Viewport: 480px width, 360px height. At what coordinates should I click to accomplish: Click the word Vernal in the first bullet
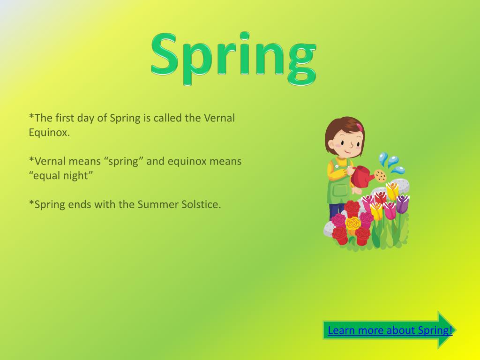[x=219, y=118]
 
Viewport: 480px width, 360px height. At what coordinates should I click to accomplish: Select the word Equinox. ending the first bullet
[x=49, y=132]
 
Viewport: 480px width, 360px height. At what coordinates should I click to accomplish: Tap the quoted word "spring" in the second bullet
[x=126, y=161]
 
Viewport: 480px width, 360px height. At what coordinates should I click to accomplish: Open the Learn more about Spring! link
[x=390, y=330]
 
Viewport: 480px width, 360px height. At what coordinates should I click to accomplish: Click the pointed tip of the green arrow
[x=452, y=330]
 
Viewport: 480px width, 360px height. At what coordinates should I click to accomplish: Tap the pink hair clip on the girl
[x=360, y=127]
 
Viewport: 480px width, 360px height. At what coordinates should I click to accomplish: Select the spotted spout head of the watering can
[x=380, y=176]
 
